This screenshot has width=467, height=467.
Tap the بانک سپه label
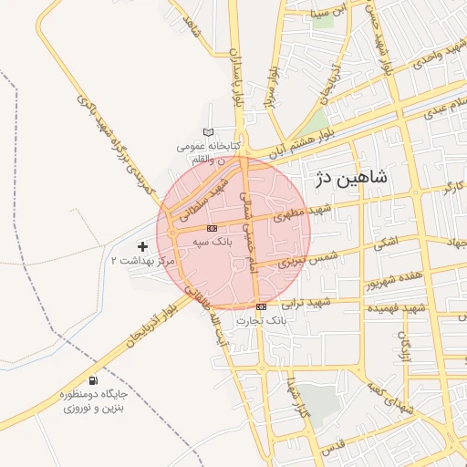pyautogui.click(x=213, y=243)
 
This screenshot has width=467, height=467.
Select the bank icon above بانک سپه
pyautogui.click(x=212, y=228)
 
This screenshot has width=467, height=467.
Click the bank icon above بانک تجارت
pyautogui.click(x=262, y=306)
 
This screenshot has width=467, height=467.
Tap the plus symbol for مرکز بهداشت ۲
pyautogui.click(x=141, y=245)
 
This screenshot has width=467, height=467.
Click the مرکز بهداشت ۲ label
pyautogui.click(x=141, y=261)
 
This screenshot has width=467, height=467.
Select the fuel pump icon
pyautogui.click(x=93, y=380)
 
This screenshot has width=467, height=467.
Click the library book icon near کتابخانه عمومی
pyautogui.click(x=209, y=133)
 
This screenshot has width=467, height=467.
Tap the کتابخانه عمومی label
pyautogui.click(x=209, y=146)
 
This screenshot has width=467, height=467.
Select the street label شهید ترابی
pyautogui.click(x=306, y=302)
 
